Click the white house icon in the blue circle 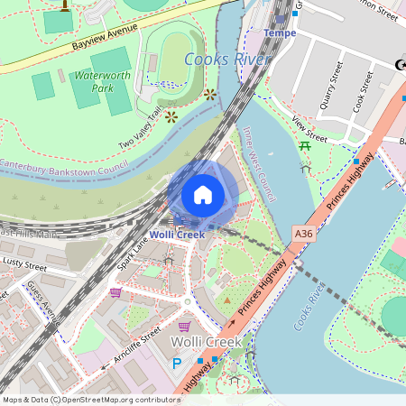point(203,195)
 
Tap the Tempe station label point(280,33)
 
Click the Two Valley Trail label point(142,126)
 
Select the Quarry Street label point(331,86)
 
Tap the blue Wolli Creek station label point(177,235)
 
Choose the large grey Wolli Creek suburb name point(207,342)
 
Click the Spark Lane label point(134,254)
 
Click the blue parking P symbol point(176,364)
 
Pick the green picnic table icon point(305,145)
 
